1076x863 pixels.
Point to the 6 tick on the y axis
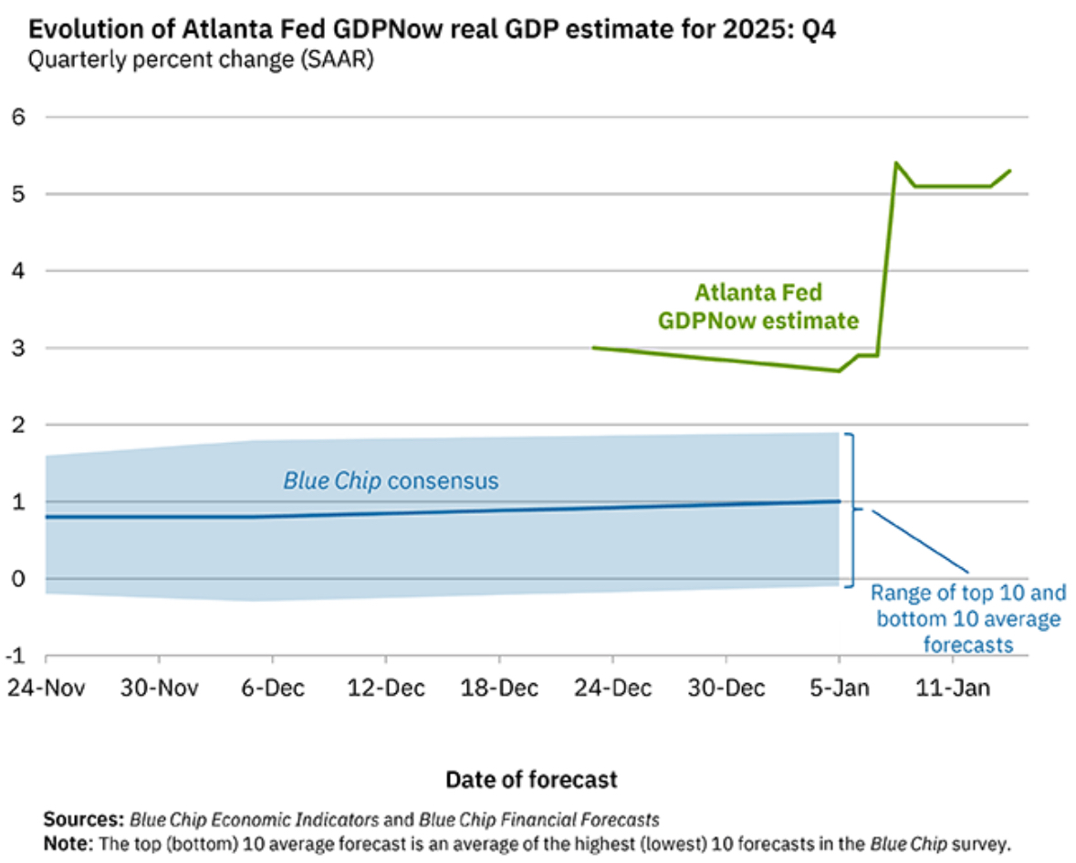click(16, 117)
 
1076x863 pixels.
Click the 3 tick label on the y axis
click(16, 348)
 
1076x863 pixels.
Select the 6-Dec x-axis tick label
click(272, 688)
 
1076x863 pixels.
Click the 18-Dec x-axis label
click(499, 688)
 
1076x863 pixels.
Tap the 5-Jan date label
click(839, 688)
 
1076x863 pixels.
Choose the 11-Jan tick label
click(952, 688)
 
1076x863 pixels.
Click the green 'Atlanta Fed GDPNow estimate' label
click(758, 307)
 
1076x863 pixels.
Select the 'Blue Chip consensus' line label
click(391, 480)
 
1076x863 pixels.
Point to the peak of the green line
click(896, 163)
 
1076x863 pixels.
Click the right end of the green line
click(1009, 171)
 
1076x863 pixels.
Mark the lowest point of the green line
click(839, 371)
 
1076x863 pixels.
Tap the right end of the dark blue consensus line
click(839, 500)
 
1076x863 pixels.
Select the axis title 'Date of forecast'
click(531, 779)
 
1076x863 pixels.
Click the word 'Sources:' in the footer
click(83, 818)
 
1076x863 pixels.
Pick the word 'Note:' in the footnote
click(68, 841)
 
